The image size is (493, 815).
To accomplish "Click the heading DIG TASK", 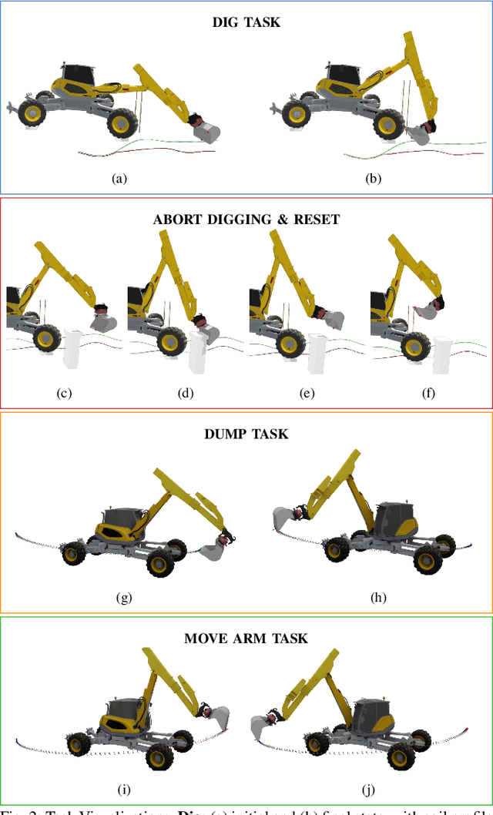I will (246, 22).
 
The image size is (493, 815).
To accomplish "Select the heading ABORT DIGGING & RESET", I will (246, 219).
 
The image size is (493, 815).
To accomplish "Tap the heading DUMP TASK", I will (246, 434).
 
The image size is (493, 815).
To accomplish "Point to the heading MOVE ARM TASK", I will (246, 638).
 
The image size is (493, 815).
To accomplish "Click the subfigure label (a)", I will (119, 178).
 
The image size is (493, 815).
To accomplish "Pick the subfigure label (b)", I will (374, 178).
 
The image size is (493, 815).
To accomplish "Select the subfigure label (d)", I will (185, 393).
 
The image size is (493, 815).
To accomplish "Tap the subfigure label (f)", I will (428, 393).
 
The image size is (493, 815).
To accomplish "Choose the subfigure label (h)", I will (377, 598).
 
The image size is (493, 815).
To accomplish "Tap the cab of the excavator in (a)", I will (77, 75).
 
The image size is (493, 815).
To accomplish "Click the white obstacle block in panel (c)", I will (75, 348).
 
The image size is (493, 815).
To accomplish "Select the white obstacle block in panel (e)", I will (317, 352).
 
